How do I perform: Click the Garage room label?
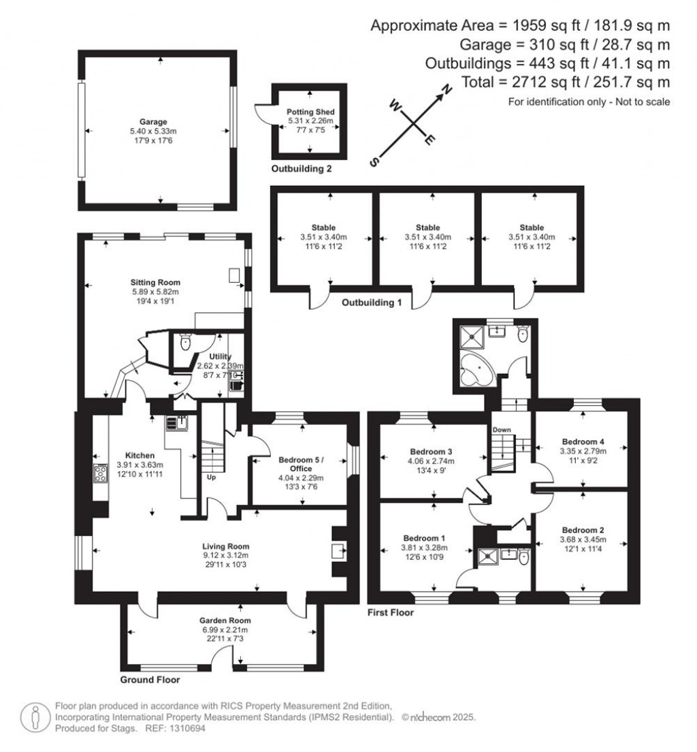[159, 122]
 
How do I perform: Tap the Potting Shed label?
[310, 112]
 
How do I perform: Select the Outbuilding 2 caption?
[302, 168]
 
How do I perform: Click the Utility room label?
[220, 356]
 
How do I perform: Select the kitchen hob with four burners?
[100, 473]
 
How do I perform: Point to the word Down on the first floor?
[501, 430]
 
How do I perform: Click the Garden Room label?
[225, 621]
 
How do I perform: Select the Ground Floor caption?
[150, 679]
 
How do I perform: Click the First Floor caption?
[390, 612]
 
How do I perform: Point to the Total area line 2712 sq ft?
[566, 82]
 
